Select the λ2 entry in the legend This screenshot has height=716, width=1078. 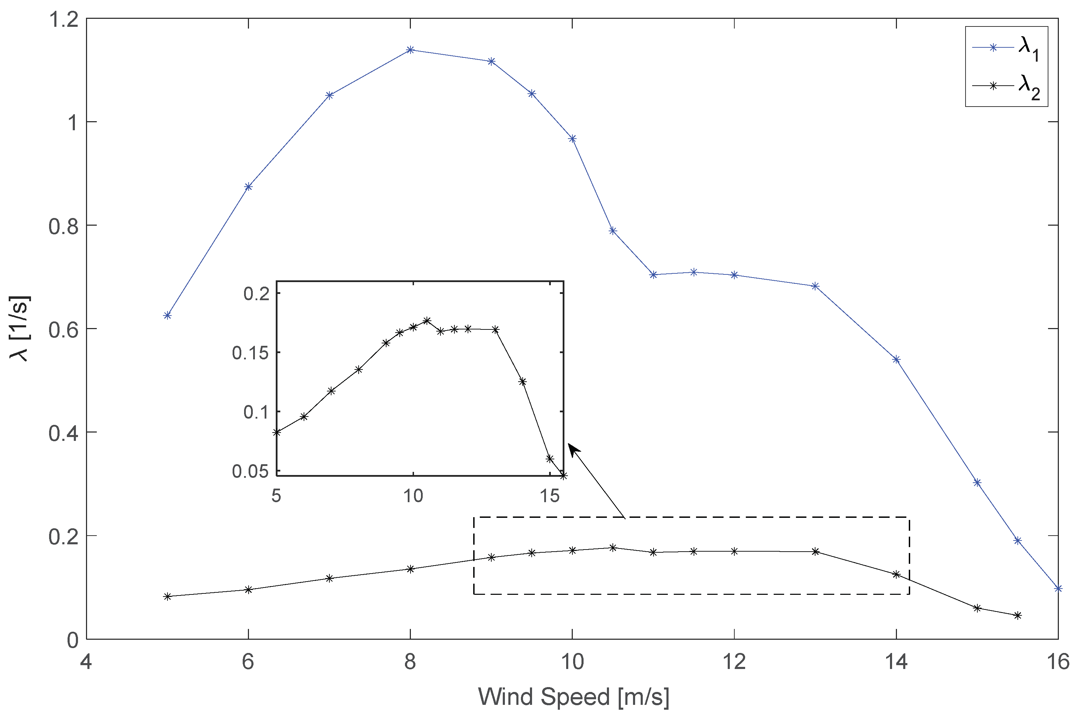point(1009,86)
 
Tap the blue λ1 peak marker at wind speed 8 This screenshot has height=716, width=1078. point(410,50)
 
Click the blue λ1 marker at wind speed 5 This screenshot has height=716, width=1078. point(167,316)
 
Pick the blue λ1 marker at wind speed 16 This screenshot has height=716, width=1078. point(1058,589)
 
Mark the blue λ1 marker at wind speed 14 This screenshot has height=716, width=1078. point(896,360)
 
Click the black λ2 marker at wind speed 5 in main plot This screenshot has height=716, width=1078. point(167,596)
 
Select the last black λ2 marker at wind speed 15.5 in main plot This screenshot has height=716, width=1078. point(1017,616)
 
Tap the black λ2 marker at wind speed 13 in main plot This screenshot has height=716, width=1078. point(815,552)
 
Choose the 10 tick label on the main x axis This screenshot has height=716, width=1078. point(572,662)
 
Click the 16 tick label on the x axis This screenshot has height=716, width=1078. point(1057,662)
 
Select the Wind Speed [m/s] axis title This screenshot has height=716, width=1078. point(573,697)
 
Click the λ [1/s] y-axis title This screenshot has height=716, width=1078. point(19,329)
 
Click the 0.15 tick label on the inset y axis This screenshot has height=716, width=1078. point(250,352)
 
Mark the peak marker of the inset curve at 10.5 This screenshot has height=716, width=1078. point(427,320)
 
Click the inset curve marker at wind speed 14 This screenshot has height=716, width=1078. point(523,382)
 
